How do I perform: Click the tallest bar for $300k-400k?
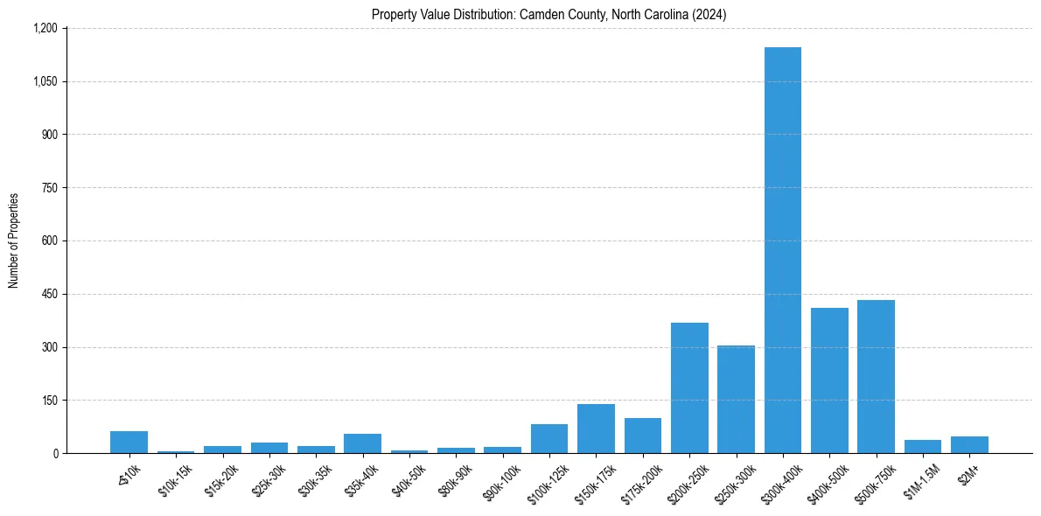tap(782, 250)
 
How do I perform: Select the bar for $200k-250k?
tap(689, 387)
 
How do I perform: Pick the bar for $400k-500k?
tap(829, 380)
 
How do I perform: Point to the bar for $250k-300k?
tap(736, 399)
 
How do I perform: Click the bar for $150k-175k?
tap(596, 429)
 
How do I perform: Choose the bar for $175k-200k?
tap(642, 436)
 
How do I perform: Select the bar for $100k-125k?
tap(549, 438)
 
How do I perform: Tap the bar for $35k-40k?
tap(362, 443)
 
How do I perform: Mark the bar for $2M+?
tap(969, 444)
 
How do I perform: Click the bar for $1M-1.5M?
tap(922, 446)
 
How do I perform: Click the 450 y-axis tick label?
tap(50, 294)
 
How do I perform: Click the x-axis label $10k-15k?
tap(174, 478)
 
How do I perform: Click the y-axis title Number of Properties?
tap(13, 241)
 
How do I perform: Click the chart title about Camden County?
tap(548, 14)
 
